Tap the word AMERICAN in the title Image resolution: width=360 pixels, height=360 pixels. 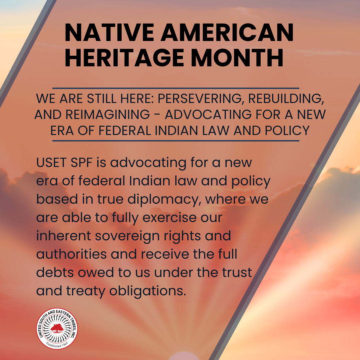227,32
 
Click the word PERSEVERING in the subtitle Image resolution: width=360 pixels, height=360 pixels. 200,99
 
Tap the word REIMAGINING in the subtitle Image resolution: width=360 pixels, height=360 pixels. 108,114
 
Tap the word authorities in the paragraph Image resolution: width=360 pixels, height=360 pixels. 71,254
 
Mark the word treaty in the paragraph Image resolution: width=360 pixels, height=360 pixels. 86,291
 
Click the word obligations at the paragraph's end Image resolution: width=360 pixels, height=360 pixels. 148,291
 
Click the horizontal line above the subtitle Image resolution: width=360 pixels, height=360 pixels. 176,88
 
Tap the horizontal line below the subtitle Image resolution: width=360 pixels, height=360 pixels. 176,141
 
